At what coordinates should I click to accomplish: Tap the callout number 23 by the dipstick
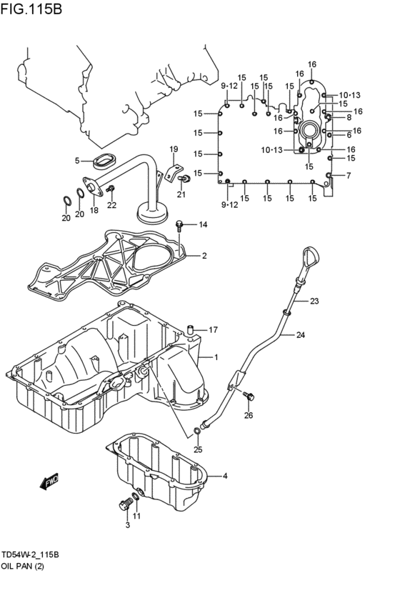314,301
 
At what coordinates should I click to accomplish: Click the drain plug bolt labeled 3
126,505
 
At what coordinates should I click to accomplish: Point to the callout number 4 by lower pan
224,476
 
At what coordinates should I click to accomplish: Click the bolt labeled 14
181,226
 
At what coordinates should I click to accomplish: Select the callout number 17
212,329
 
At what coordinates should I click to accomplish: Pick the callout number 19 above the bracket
174,149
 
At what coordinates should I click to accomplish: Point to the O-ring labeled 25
197,431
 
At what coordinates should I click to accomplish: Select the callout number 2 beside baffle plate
204,255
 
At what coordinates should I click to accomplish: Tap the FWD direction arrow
49,484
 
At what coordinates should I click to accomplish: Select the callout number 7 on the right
348,175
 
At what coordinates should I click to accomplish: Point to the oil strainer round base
151,213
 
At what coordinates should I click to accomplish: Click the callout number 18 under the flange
94,211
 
